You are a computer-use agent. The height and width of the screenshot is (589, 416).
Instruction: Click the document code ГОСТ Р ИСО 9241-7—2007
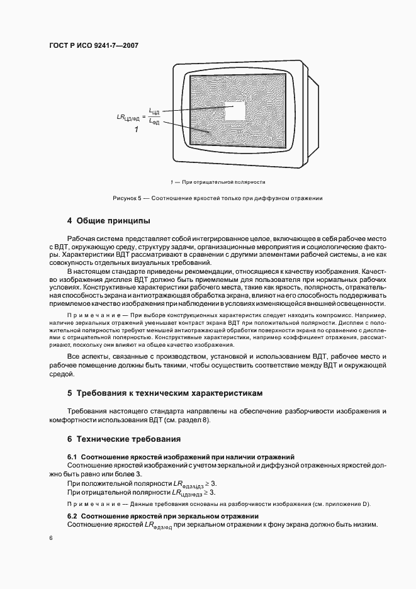93,46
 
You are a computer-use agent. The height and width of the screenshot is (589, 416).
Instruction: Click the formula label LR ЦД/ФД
130,117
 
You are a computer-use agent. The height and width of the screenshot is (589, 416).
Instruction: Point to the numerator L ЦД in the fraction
155,111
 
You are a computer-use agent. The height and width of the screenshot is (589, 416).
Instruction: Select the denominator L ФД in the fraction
155,122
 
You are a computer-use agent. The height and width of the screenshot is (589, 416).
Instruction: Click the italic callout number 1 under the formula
135,130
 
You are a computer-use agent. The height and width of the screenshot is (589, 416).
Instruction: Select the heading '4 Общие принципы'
108,221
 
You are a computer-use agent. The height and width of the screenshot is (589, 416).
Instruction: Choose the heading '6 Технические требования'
124,439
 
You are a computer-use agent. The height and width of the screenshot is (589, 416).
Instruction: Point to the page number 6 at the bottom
52,538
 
